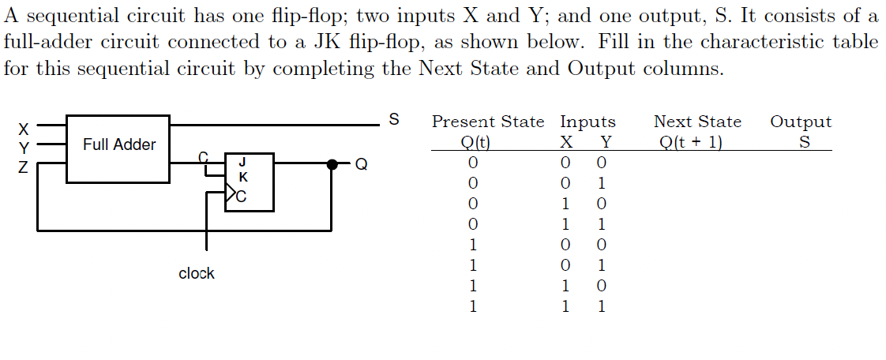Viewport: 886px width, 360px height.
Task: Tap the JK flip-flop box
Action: pos(250,182)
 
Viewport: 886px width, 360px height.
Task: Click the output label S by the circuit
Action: pos(394,120)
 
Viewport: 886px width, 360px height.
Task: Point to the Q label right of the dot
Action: pos(362,165)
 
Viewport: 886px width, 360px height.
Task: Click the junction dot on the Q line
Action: pos(332,164)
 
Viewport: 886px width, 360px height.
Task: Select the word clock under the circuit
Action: pos(197,274)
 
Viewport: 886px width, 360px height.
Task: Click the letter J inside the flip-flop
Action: pos(242,163)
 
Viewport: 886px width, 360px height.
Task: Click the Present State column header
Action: pos(488,122)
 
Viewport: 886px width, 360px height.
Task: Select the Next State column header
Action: pos(697,122)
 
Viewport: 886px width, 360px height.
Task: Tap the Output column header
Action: pos(801,122)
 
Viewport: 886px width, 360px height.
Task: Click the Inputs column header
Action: pos(588,122)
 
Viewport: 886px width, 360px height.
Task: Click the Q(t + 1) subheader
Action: pos(692,143)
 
